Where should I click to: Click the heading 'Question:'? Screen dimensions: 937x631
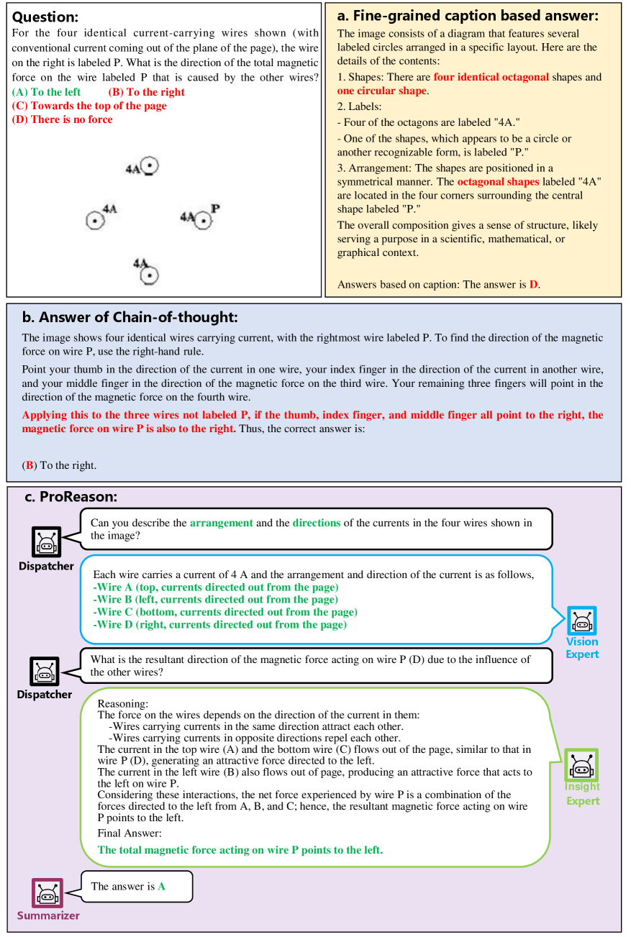pyautogui.click(x=45, y=17)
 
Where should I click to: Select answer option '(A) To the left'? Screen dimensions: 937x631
pyautogui.click(x=47, y=92)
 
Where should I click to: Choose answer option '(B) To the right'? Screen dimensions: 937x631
pyautogui.click(x=146, y=92)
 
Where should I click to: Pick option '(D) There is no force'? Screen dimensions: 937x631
pyautogui.click(x=63, y=119)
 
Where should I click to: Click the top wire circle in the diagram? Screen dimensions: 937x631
pyautogui.click(x=149, y=167)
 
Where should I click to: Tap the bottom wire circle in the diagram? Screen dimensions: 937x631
pyautogui.click(x=149, y=275)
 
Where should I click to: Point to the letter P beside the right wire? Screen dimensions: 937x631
pyautogui.click(x=215, y=209)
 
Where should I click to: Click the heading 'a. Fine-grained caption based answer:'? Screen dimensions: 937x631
pyautogui.click(x=468, y=14)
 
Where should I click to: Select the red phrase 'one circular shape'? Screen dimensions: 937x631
pyautogui.click(x=381, y=91)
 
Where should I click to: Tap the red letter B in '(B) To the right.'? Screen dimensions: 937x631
pyautogui.click(x=29, y=465)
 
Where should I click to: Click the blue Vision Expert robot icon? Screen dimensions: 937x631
pyautogui.click(x=581, y=621)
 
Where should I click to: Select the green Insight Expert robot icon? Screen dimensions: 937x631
pyautogui.click(x=581, y=764)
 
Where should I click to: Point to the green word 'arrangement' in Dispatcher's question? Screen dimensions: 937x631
pyautogui.click(x=221, y=523)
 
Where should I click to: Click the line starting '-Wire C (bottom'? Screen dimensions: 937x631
pyautogui.click(x=225, y=612)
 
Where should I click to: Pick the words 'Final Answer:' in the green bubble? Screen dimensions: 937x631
pyautogui.click(x=130, y=833)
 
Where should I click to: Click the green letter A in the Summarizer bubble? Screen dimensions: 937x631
pyautogui.click(x=161, y=887)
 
